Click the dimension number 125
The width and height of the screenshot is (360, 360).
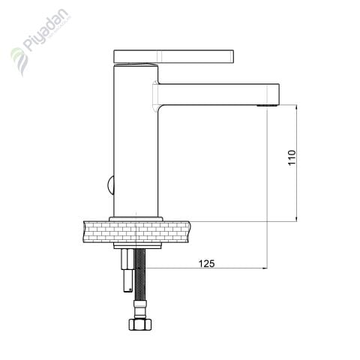[x=207, y=262]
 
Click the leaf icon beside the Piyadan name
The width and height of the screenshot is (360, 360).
[x=18, y=60]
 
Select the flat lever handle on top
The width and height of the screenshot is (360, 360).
[x=174, y=57]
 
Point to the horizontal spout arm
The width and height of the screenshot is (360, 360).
[x=217, y=93]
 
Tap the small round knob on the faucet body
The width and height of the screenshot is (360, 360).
[x=109, y=183]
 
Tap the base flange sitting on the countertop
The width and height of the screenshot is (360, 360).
[x=136, y=218]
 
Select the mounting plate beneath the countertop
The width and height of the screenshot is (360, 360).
[x=136, y=245]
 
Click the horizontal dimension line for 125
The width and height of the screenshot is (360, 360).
[x=225, y=268]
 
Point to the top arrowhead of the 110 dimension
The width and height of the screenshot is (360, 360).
[x=298, y=108]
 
